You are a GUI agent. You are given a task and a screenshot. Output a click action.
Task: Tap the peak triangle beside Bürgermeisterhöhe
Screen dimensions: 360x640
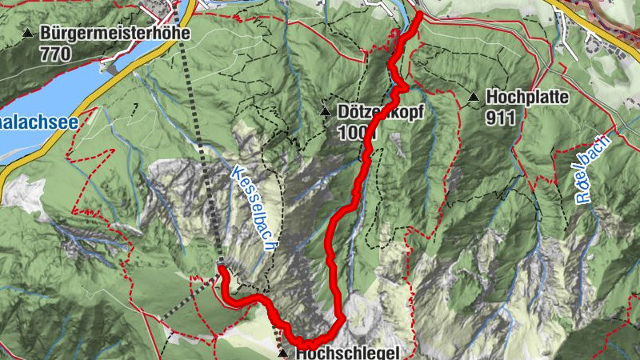[29, 34]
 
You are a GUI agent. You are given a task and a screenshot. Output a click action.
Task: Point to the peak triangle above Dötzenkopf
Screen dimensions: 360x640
[326, 110]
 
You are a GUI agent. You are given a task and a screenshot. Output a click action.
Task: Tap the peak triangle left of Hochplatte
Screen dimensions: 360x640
[473, 98]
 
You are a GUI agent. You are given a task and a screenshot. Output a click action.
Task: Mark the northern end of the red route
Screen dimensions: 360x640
[419, 14]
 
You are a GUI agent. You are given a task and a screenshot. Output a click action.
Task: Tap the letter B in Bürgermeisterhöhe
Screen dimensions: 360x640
[45, 34]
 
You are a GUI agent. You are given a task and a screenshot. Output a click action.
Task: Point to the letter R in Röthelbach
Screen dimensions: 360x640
[584, 197]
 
